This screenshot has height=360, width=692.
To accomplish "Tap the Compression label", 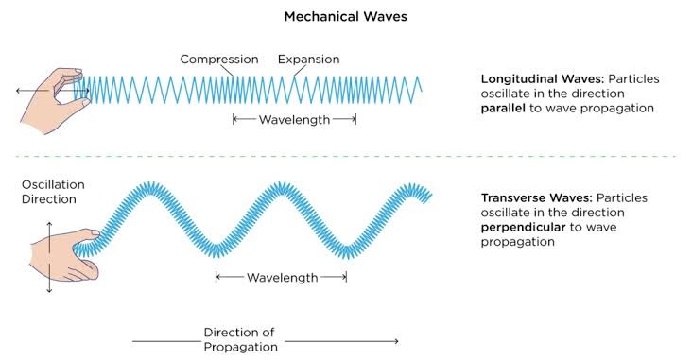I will click(x=219, y=60).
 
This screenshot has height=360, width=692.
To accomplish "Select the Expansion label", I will click(x=308, y=60).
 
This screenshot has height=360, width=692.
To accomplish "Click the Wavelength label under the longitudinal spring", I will click(x=294, y=120).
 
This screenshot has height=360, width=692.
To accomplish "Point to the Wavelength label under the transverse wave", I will click(x=281, y=278).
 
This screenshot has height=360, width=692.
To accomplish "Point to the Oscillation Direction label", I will click(x=48, y=192).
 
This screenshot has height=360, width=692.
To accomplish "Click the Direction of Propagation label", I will click(x=240, y=340).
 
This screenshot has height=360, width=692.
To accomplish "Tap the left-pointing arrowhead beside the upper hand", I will click(x=18, y=92).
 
